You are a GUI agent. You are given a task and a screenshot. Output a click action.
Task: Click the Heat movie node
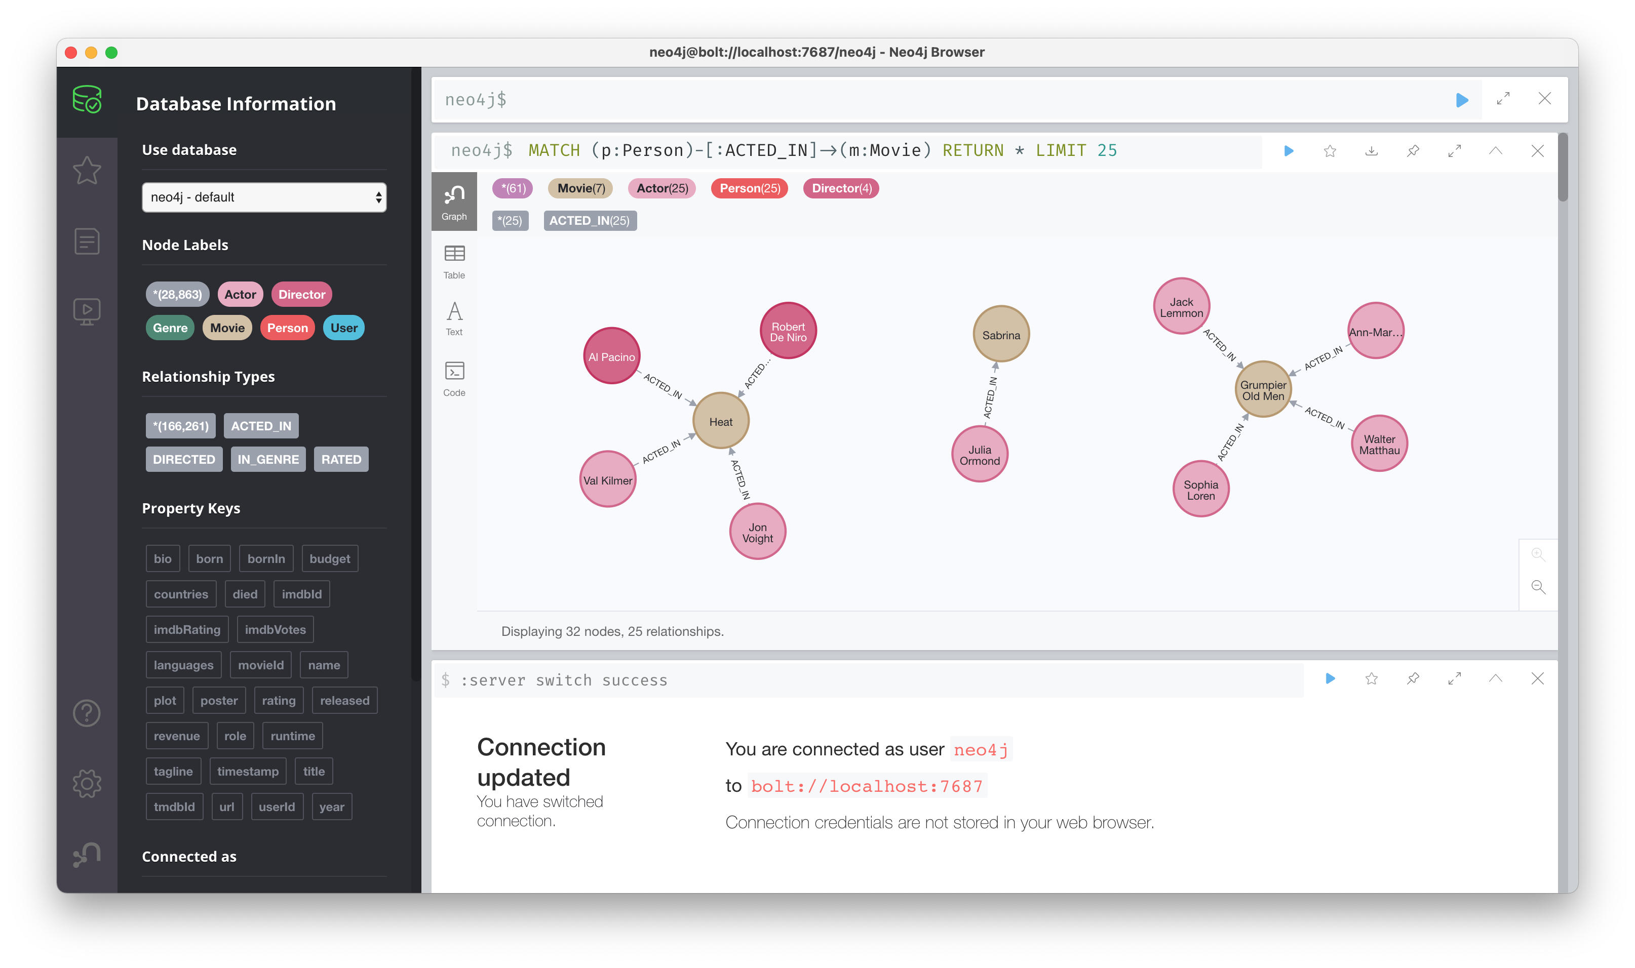pos(720,421)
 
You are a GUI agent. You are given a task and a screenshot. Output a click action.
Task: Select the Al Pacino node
pos(611,356)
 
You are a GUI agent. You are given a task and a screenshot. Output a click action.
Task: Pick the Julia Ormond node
pos(979,455)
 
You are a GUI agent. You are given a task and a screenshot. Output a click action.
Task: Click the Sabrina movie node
pos(1001,335)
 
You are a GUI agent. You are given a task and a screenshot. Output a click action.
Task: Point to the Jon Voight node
pos(757,532)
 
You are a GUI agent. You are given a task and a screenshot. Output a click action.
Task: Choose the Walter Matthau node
pos(1379,444)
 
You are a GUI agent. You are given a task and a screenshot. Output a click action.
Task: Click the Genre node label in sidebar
pos(170,328)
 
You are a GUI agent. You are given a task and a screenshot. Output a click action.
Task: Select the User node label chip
pos(344,328)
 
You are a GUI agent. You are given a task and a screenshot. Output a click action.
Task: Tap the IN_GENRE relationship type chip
pos(268,459)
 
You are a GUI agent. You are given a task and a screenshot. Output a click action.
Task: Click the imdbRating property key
pos(187,629)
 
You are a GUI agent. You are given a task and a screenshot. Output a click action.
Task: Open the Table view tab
pos(454,262)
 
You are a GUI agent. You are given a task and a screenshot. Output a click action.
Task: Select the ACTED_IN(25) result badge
pos(590,220)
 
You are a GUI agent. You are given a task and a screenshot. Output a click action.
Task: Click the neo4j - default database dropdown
pos(264,197)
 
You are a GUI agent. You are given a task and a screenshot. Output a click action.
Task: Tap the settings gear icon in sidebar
pos(87,783)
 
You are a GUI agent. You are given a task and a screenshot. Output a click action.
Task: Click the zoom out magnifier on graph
pos(1538,586)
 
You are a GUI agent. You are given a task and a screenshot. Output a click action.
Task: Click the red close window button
pos(71,52)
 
